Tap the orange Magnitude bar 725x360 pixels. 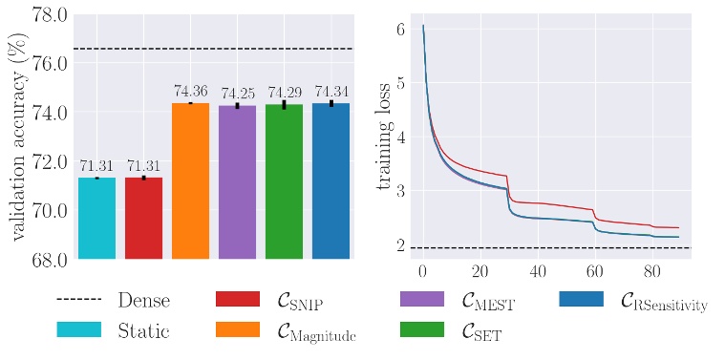click(x=190, y=180)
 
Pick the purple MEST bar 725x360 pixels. click(x=237, y=181)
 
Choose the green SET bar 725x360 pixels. click(x=284, y=181)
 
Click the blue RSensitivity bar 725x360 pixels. click(x=331, y=180)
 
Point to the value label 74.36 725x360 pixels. click(x=190, y=92)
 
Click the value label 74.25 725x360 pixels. click(x=237, y=94)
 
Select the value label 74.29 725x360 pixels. click(x=284, y=93)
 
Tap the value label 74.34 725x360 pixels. click(x=331, y=92)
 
